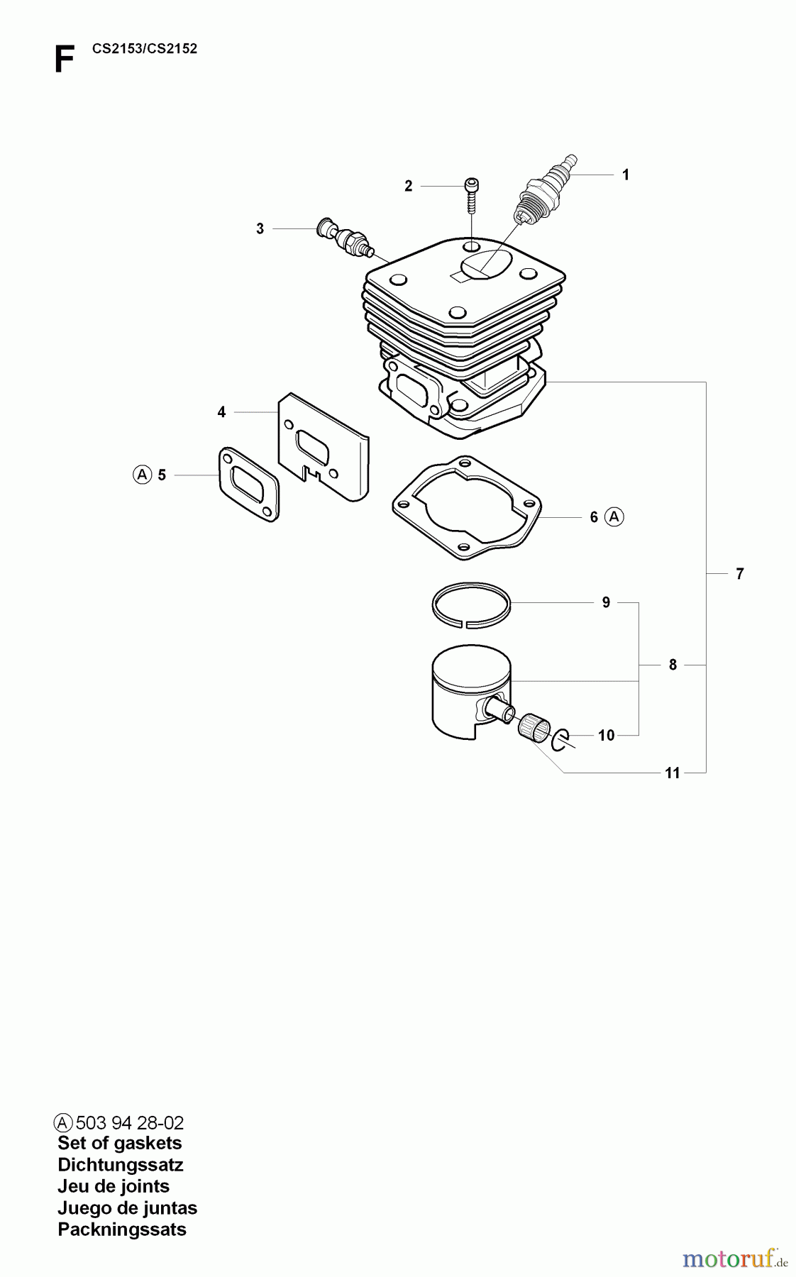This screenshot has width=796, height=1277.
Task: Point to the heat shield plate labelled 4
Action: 324,447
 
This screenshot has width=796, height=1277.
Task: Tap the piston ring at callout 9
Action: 471,605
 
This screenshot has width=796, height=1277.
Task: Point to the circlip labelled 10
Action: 559,739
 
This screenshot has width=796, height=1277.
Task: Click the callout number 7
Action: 739,574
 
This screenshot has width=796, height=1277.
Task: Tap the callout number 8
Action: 673,665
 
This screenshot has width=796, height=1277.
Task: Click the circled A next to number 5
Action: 142,475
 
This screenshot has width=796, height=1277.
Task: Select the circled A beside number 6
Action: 614,517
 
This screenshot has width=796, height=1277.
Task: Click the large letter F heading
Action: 64,60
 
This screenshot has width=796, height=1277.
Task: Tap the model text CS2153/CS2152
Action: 145,49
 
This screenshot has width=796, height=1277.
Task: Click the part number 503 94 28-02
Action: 129,1123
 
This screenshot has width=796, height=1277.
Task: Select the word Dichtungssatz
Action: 120,1164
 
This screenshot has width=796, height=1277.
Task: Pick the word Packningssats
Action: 121,1229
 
